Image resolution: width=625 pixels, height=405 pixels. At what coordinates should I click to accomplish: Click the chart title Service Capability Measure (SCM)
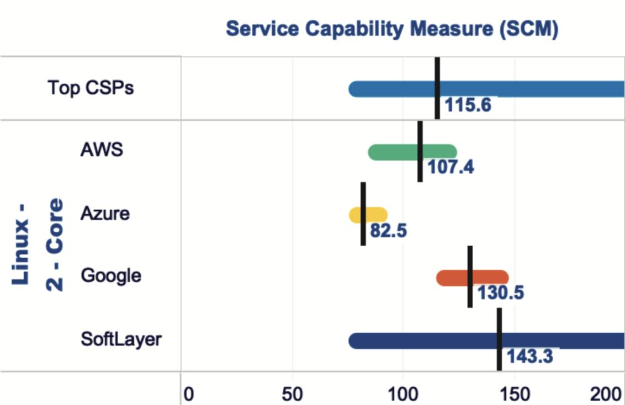(x=392, y=29)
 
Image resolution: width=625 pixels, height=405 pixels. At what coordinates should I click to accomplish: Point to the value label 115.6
(x=468, y=105)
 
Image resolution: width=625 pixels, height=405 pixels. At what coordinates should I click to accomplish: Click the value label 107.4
(x=451, y=167)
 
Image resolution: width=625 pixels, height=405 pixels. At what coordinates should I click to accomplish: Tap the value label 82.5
(x=388, y=230)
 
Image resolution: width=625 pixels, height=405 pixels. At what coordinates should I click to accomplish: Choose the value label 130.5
(x=500, y=293)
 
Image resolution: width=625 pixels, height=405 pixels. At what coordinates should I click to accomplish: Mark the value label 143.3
(x=529, y=356)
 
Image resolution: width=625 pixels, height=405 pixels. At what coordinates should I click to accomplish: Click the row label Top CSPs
(x=91, y=88)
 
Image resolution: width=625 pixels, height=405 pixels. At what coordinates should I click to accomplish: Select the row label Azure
(x=105, y=213)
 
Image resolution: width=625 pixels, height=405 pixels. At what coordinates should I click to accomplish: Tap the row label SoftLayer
(x=121, y=338)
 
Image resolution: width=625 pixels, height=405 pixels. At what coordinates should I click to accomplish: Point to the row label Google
(x=110, y=275)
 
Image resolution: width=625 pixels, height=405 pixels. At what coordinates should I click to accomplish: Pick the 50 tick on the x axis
(x=292, y=395)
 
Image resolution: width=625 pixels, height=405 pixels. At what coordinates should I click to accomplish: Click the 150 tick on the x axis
(x=515, y=395)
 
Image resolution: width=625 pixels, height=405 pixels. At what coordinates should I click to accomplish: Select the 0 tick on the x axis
(x=188, y=395)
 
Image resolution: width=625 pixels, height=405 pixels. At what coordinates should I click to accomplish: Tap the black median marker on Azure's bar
(x=363, y=214)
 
